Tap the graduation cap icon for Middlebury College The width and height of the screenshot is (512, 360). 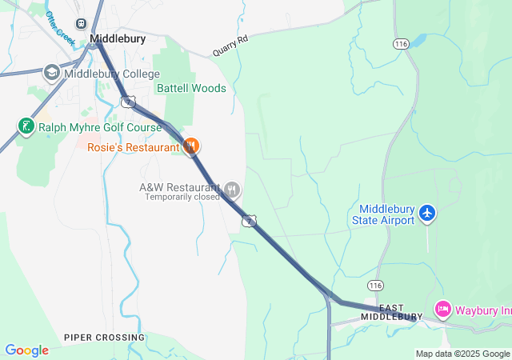pos(52,74)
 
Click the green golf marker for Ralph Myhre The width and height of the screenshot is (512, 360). pos(26,126)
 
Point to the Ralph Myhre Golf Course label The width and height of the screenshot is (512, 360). pos(99,126)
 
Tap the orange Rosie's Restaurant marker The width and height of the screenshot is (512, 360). pos(191,146)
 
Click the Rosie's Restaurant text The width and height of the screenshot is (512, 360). pos(134,147)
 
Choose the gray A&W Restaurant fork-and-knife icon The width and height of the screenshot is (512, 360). pos(232,189)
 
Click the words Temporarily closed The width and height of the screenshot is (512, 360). pos(182,197)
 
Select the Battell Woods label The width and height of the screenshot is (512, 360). pos(191,88)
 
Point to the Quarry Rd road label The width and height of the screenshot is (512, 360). pos(230,46)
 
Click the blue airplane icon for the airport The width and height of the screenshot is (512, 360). pos(428,213)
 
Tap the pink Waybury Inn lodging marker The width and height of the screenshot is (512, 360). pos(442,309)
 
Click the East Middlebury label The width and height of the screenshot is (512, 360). pos(391,312)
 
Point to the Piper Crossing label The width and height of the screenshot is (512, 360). pos(105,338)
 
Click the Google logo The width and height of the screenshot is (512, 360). pos(26,350)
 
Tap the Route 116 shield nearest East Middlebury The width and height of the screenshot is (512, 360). pos(375,286)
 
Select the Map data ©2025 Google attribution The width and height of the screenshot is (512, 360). pos(462,354)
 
